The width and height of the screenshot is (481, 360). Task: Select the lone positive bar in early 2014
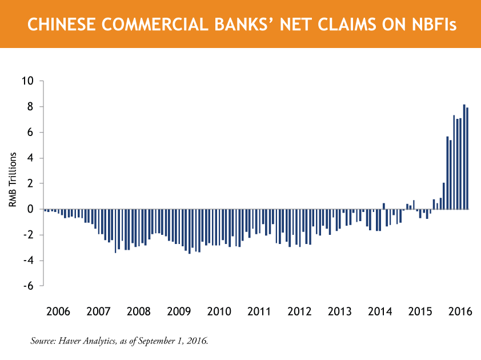point(384,206)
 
